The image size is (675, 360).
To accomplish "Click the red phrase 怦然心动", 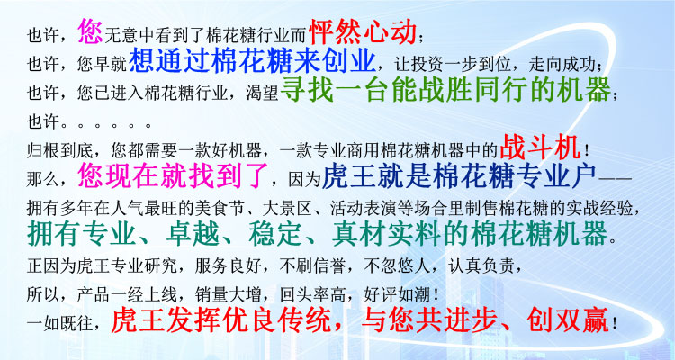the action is tap(363, 32).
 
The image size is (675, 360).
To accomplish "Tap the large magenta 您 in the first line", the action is tap(90, 31).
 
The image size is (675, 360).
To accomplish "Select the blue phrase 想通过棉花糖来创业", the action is tap(252, 60).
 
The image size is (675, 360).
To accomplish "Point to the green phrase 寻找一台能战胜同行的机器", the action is tap(446, 90).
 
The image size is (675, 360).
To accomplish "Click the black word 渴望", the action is tap(262, 94).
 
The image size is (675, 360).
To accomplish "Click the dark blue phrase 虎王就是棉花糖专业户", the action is tap(459, 175).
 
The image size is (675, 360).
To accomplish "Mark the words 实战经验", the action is tap(601, 209).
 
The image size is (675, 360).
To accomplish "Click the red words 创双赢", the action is tap(567, 320).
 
